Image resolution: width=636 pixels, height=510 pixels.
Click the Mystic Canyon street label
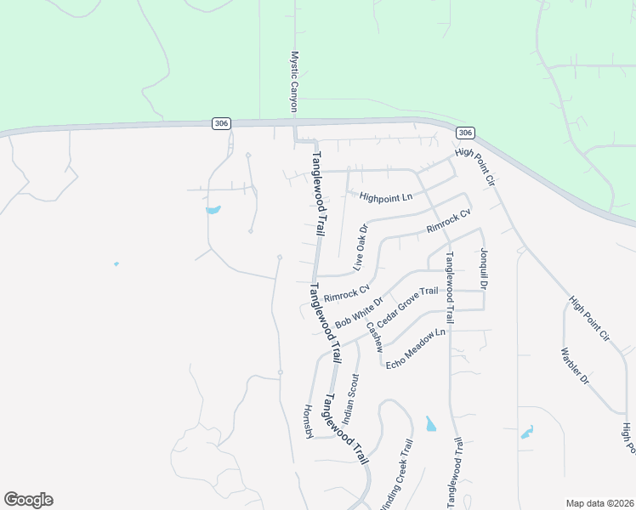click(295, 82)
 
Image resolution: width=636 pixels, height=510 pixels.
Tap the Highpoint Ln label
click(385, 197)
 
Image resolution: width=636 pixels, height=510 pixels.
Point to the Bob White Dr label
click(360, 313)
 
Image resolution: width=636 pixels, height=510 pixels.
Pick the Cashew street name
click(374, 337)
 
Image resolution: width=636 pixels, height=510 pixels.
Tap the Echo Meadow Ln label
click(416, 348)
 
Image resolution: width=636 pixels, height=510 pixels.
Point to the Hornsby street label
click(309, 421)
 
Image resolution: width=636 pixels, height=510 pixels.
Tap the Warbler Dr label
click(575, 365)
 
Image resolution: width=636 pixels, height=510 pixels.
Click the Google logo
click(28, 500)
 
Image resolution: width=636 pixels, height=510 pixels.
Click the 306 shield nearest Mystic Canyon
click(221, 124)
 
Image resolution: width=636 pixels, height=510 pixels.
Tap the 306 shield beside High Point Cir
click(464, 133)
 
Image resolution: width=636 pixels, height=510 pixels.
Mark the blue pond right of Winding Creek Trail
click(430, 423)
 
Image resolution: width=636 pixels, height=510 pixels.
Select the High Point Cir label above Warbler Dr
click(590, 319)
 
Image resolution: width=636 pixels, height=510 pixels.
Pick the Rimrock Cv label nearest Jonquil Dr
click(448, 223)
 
